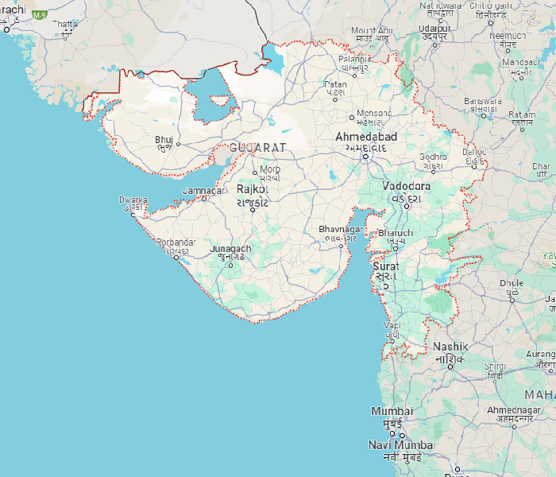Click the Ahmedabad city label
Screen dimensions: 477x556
click(x=366, y=137)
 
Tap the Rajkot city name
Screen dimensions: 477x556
click(x=253, y=190)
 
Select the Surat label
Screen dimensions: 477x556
click(x=386, y=267)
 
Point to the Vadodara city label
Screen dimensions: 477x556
click(x=406, y=186)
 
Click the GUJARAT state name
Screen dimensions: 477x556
click(x=257, y=148)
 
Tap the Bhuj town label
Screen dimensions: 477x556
click(x=164, y=140)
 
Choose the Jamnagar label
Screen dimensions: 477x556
click(x=204, y=191)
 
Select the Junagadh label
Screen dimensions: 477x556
click(x=230, y=249)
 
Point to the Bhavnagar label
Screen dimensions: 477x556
click(x=341, y=229)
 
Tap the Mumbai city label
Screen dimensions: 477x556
click(x=392, y=411)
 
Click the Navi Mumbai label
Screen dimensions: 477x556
click(x=401, y=444)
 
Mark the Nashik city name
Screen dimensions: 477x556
click(x=450, y=347)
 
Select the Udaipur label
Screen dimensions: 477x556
click(x=434, y=29)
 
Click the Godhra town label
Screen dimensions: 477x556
click(x=434, y=157)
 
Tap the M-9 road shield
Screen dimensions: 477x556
click(x=38, y=14)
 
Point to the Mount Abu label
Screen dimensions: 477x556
click(x=371, y=29)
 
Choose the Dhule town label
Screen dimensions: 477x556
click(x=511, y=283)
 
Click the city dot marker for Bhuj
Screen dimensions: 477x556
click(x=178, y=144)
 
